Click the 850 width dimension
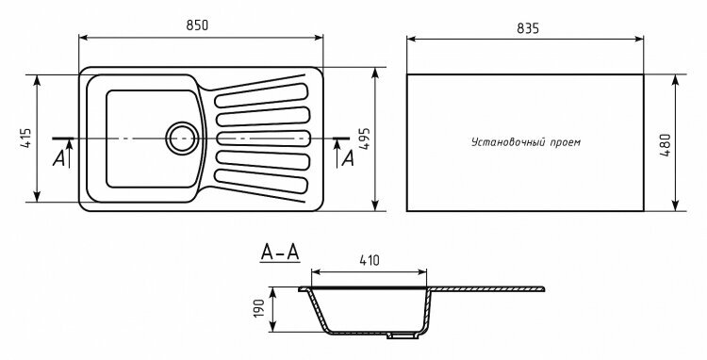(x=198, y=25)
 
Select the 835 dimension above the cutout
(x=528, y=28)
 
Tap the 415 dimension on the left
(x=26, y=139)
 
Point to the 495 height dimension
(x=364, y=139)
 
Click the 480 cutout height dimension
(x=665, y=145)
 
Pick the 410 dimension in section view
(x=370, y=260)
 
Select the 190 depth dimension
(x=259, y=308)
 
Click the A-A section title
(x=280, y=253)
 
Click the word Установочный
(x=509, y=142)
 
